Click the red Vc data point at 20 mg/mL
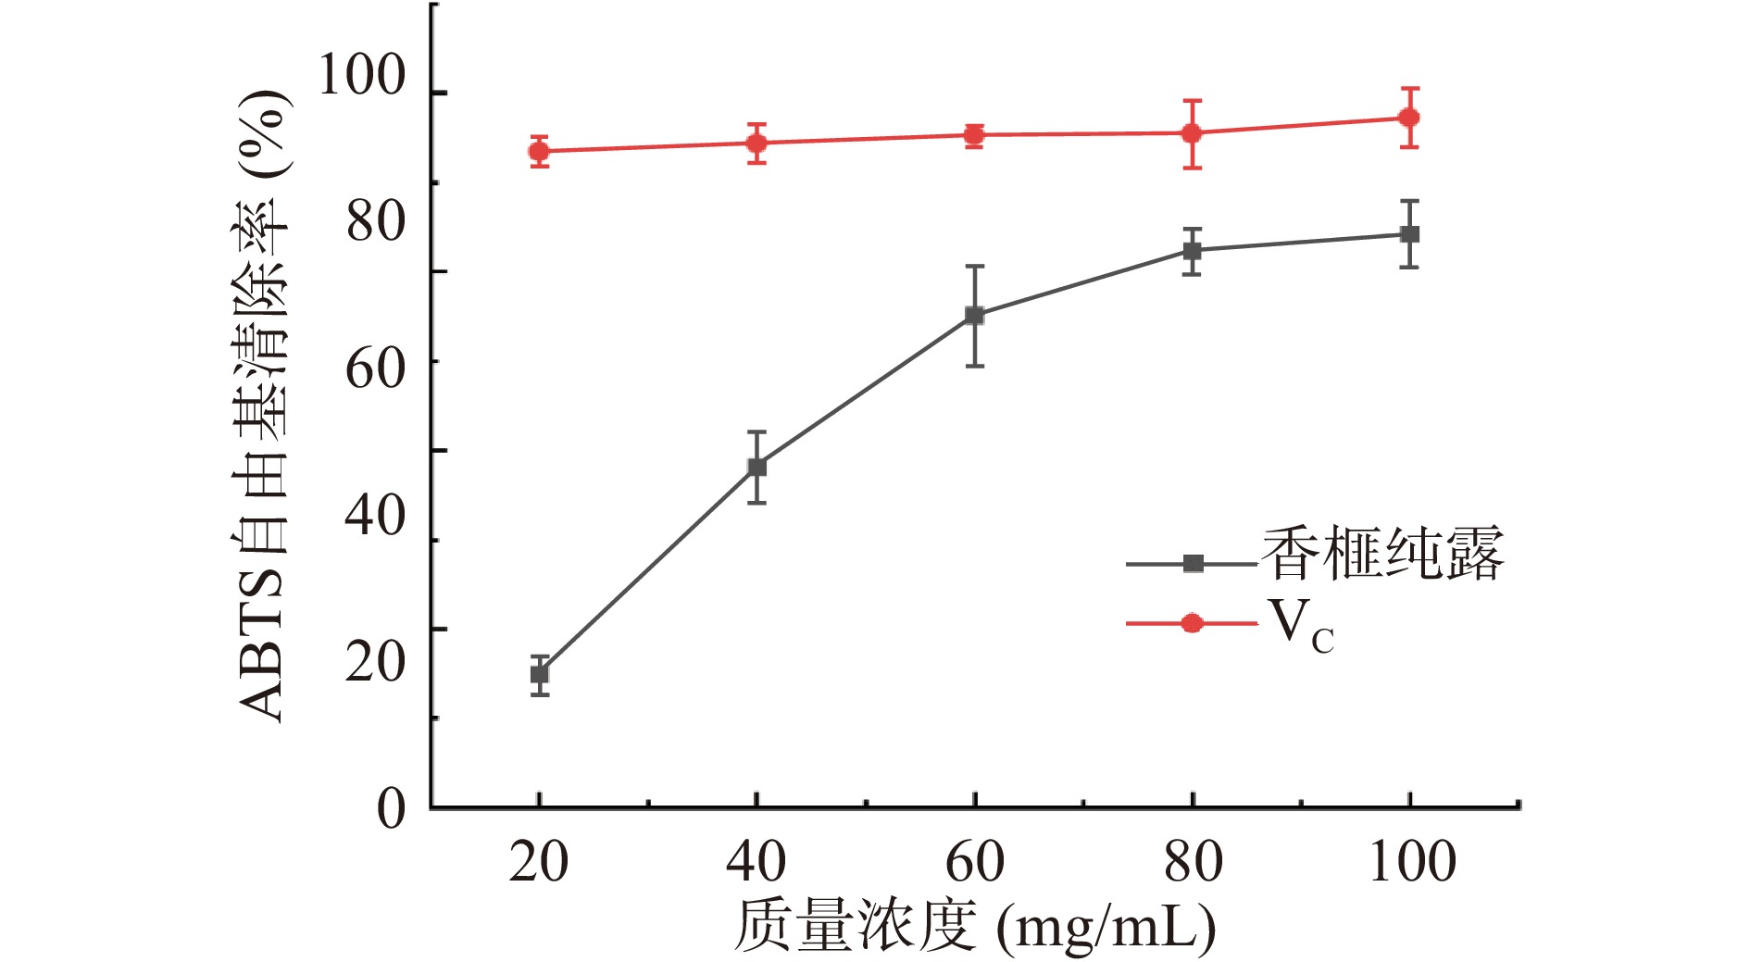coord(539,151)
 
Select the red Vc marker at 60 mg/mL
coord(974,135)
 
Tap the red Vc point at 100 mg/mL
coord(1409,118)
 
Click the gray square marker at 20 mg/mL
coord(539,674)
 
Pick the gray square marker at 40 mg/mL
coord(756,467)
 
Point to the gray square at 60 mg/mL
coord(974,316)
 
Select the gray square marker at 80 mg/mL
coord(1193,251)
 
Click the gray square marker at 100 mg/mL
coord(1409,234)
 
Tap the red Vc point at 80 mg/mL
coord(1193,133)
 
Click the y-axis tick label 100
coord(361,76)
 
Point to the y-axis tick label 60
coord(375,369)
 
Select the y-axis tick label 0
coord(391,808)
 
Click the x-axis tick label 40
coord(756,862)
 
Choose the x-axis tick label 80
coord(1193,862)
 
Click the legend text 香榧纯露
coord(1382,555)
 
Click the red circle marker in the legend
coord(1193,623)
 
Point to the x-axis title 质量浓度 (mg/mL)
coord(974,926)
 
